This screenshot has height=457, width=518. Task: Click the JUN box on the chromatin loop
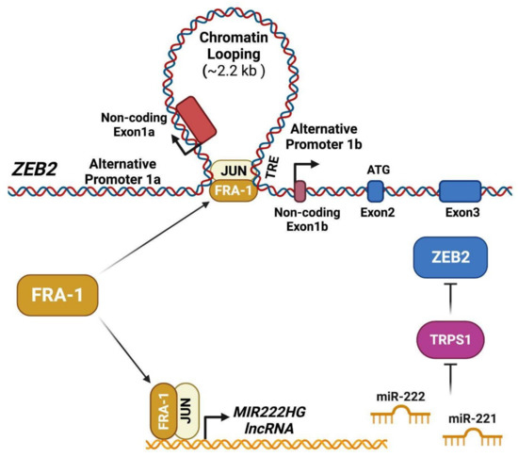(x=232, y=170)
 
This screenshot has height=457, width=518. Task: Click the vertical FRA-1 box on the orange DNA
(x=156, y=404)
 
